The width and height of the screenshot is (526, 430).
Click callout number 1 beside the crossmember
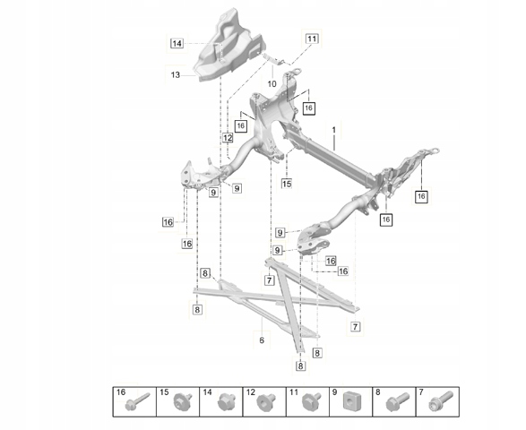(x=333, y=130)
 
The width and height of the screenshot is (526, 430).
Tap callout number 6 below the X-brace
(x=262, y=340)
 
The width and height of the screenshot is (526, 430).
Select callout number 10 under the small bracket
(x=272, y=83)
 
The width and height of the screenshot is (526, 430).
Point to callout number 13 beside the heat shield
(x=176, y=74)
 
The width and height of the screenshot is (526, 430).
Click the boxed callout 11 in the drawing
(x=312, y=39)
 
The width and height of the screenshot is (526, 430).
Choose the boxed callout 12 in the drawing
(x=228, y=138)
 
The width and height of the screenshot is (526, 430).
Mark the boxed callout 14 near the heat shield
(x=177, y=43)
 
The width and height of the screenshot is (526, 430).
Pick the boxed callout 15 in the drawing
(x=287, y=184)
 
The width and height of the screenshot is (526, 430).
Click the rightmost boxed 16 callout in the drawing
(x=421, y=196)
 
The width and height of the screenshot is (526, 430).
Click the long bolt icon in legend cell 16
(x=137, y=402)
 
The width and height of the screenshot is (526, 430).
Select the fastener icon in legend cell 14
(x=224, y=401)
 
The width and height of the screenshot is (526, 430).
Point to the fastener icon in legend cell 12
(x=266, y=401)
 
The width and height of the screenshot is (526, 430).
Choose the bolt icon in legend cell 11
(x=310, y=401)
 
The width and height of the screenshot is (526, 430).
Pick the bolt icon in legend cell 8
(x=398, y=401)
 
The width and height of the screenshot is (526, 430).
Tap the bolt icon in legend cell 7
(x=441, y=400)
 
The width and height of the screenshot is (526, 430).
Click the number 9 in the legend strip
(x=334, y=392)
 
